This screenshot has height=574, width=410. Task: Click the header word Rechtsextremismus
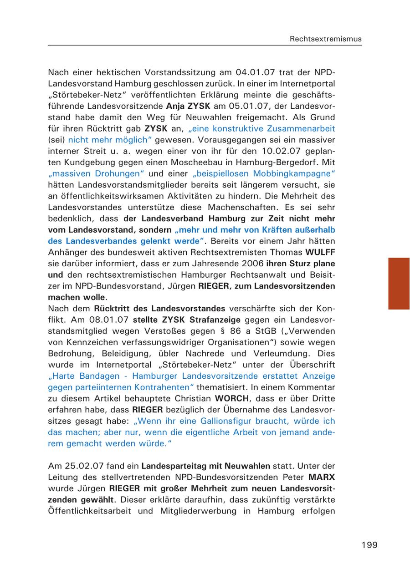point(325,39)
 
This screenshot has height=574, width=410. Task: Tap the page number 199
point(369,545)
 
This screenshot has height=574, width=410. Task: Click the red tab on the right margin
point(399,283)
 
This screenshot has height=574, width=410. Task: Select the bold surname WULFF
point(320,252)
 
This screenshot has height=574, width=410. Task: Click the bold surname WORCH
point(231,399)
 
